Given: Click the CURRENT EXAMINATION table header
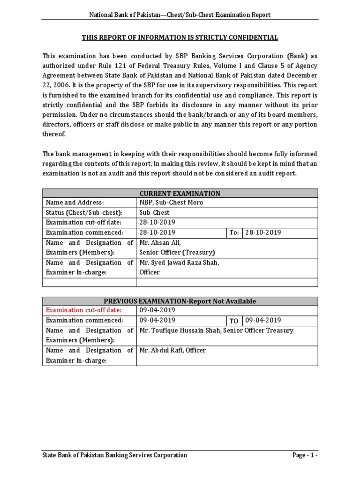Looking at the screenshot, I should (x=180, y=193).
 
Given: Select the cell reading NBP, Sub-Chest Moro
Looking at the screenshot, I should (x=171, y=202).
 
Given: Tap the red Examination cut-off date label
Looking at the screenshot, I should (x=83, y=310).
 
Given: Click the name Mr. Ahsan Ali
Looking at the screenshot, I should (x=157, y=242).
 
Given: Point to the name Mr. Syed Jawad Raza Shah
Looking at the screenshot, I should (x=180, y=262).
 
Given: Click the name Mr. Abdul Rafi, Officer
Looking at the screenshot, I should (x=172, y=350).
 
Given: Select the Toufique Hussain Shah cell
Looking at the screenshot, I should (x=216, y=330).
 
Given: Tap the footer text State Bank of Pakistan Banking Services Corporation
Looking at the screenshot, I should (x=115, y=455).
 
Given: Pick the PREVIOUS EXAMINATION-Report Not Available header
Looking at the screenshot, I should (x=180, y=301).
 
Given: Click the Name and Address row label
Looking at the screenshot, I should (x=74, y=202).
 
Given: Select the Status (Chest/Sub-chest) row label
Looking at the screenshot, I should (x=83, y=212).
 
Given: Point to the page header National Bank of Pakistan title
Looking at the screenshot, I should (x=180, y=15).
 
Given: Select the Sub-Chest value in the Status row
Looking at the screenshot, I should (x=154, y=212).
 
